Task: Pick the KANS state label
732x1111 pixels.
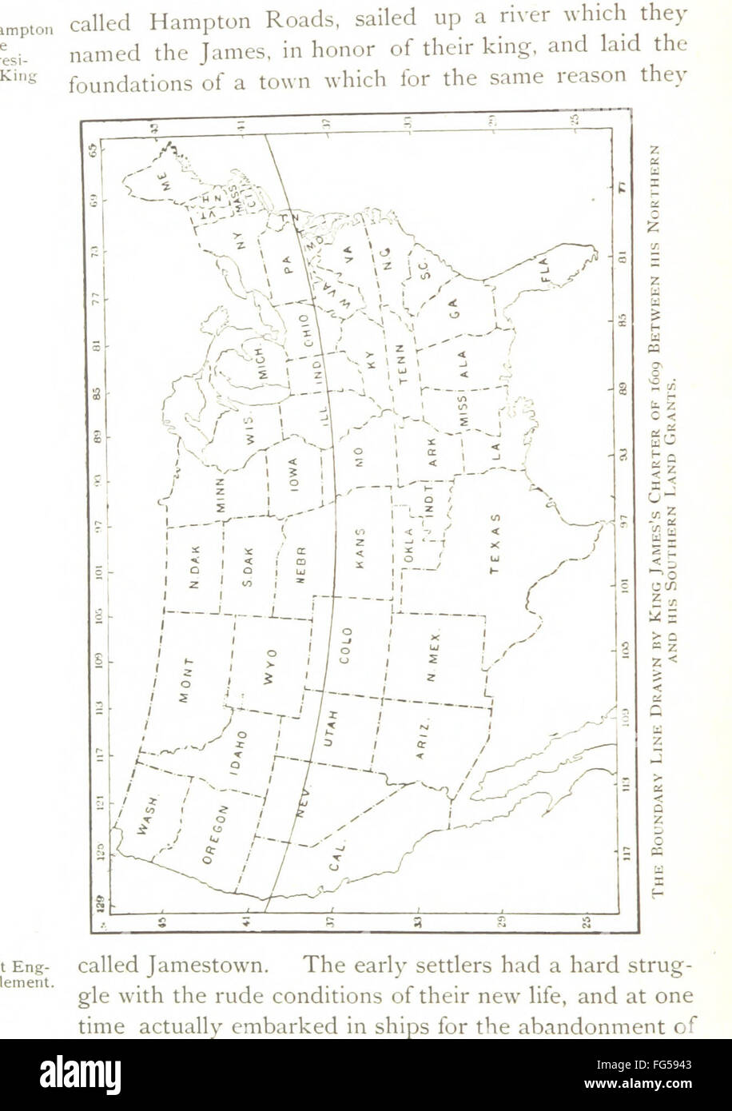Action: pos(359,548)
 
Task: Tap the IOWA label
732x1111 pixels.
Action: pos(293,476)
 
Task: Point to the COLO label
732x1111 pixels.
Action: pos(345,644)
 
